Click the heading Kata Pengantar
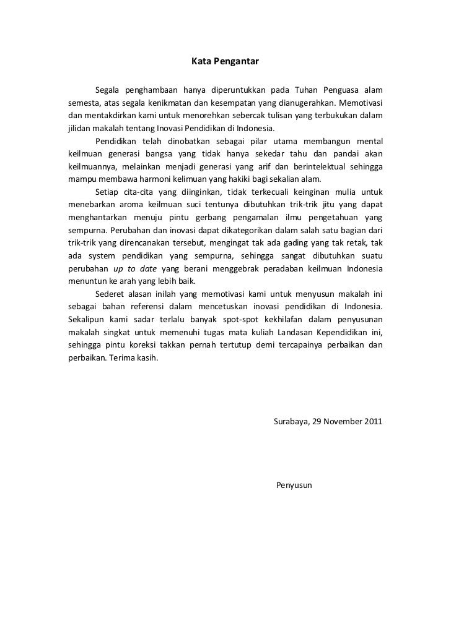click(x=224, y=62)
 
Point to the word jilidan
click(x=79, y=129)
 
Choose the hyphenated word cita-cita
click(x=135, y=192)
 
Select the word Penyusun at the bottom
click(x=295, y=485)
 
